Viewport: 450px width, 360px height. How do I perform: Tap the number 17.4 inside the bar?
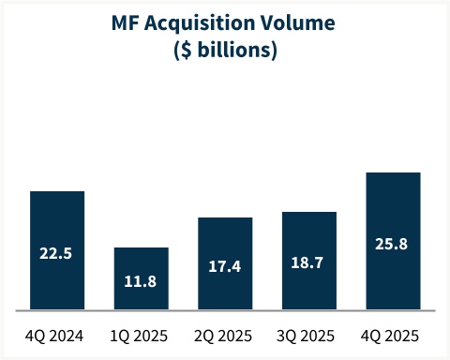(x=225, y=266)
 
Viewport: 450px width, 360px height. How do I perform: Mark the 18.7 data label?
(x=309, y=263)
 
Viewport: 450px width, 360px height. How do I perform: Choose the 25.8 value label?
(x=393, y=245)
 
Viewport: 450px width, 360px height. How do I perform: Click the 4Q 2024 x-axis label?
(x=57, y=336)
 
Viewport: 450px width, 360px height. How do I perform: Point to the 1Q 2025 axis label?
(x=142, y=336)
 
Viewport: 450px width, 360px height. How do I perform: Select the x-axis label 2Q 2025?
(x=225, y=336)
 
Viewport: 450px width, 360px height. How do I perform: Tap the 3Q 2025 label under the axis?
(x=309, y=336)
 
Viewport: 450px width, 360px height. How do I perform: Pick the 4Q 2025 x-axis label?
(x=393, y=336)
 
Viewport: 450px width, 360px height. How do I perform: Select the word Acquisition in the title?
(x=203, y=26)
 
